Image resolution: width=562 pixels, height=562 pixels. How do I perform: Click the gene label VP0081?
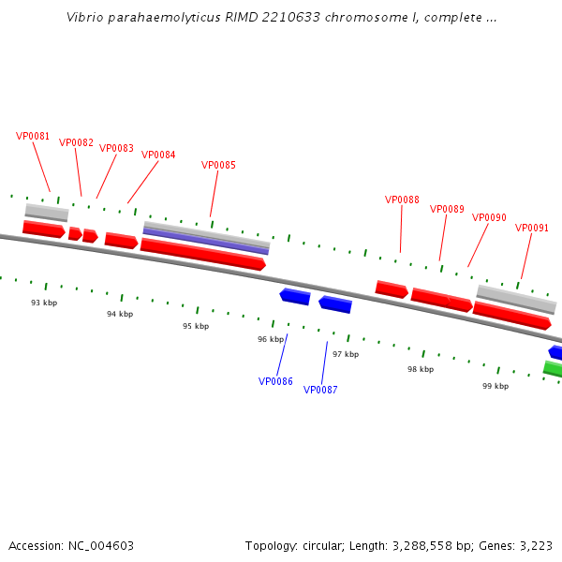tap(33, 136)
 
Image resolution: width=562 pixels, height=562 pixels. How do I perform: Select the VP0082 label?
tap(76, 142)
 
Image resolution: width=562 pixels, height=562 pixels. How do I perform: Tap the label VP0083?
tap(116, 148)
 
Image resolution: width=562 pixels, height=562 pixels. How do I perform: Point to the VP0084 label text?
tap(158, 155)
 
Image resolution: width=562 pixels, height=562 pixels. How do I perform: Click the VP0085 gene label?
tap(218, 165)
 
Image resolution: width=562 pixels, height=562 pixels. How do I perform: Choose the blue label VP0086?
tap(275, 381)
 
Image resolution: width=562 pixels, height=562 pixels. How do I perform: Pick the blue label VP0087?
tap(320, 390)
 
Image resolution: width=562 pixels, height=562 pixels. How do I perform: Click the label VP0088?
tap(402, 200)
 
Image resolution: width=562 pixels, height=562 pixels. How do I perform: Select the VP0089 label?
tap(447, 209)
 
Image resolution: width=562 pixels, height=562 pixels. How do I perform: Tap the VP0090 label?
tap(489, 217)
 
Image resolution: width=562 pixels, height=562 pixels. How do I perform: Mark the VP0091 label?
tap(532, 228)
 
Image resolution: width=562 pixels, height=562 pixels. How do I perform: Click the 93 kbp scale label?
tap(44, 303)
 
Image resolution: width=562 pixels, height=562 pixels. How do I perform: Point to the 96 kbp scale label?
tap(271, 339)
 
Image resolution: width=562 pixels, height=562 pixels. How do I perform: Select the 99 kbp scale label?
tap(495, 386)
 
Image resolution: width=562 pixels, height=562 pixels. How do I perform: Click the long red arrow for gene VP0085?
tap(202, 254)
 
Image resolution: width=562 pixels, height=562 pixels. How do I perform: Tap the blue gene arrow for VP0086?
tap(295, 296)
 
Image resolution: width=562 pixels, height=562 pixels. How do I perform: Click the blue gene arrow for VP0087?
tap(335, 304)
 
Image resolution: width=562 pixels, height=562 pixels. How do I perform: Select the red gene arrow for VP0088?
tap(392, 289)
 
